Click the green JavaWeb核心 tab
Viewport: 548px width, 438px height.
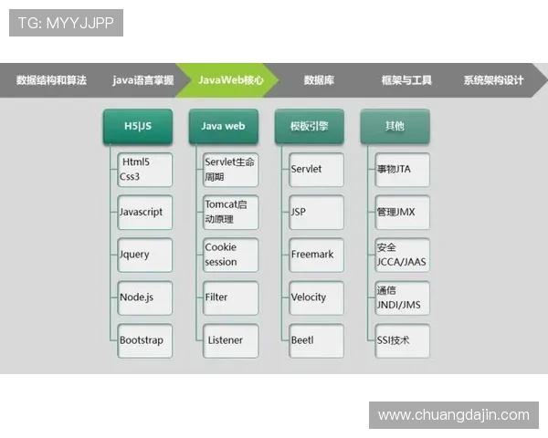point(230,80)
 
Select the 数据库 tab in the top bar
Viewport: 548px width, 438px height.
point(319,80)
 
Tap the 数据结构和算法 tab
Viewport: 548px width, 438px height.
point(51,80)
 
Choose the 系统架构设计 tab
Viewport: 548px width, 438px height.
point(493,80)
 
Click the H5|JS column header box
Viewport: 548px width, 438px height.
point(137,126)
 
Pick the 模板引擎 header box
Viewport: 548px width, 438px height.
point(309,126)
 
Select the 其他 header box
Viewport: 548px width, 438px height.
point(395,126)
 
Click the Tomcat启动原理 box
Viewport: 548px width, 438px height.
point(230,212)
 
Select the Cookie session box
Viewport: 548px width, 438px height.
point(230,255)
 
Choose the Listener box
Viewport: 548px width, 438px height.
point(230,340)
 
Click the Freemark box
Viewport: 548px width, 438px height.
point(316,255)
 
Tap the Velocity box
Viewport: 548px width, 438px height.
point(316,297)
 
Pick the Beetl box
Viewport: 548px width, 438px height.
point(316,340)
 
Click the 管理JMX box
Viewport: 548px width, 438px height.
point(402,212)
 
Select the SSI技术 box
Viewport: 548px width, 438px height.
point(402,340)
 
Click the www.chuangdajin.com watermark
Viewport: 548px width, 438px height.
point(453,415)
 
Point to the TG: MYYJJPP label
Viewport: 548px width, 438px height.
point(66,22)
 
